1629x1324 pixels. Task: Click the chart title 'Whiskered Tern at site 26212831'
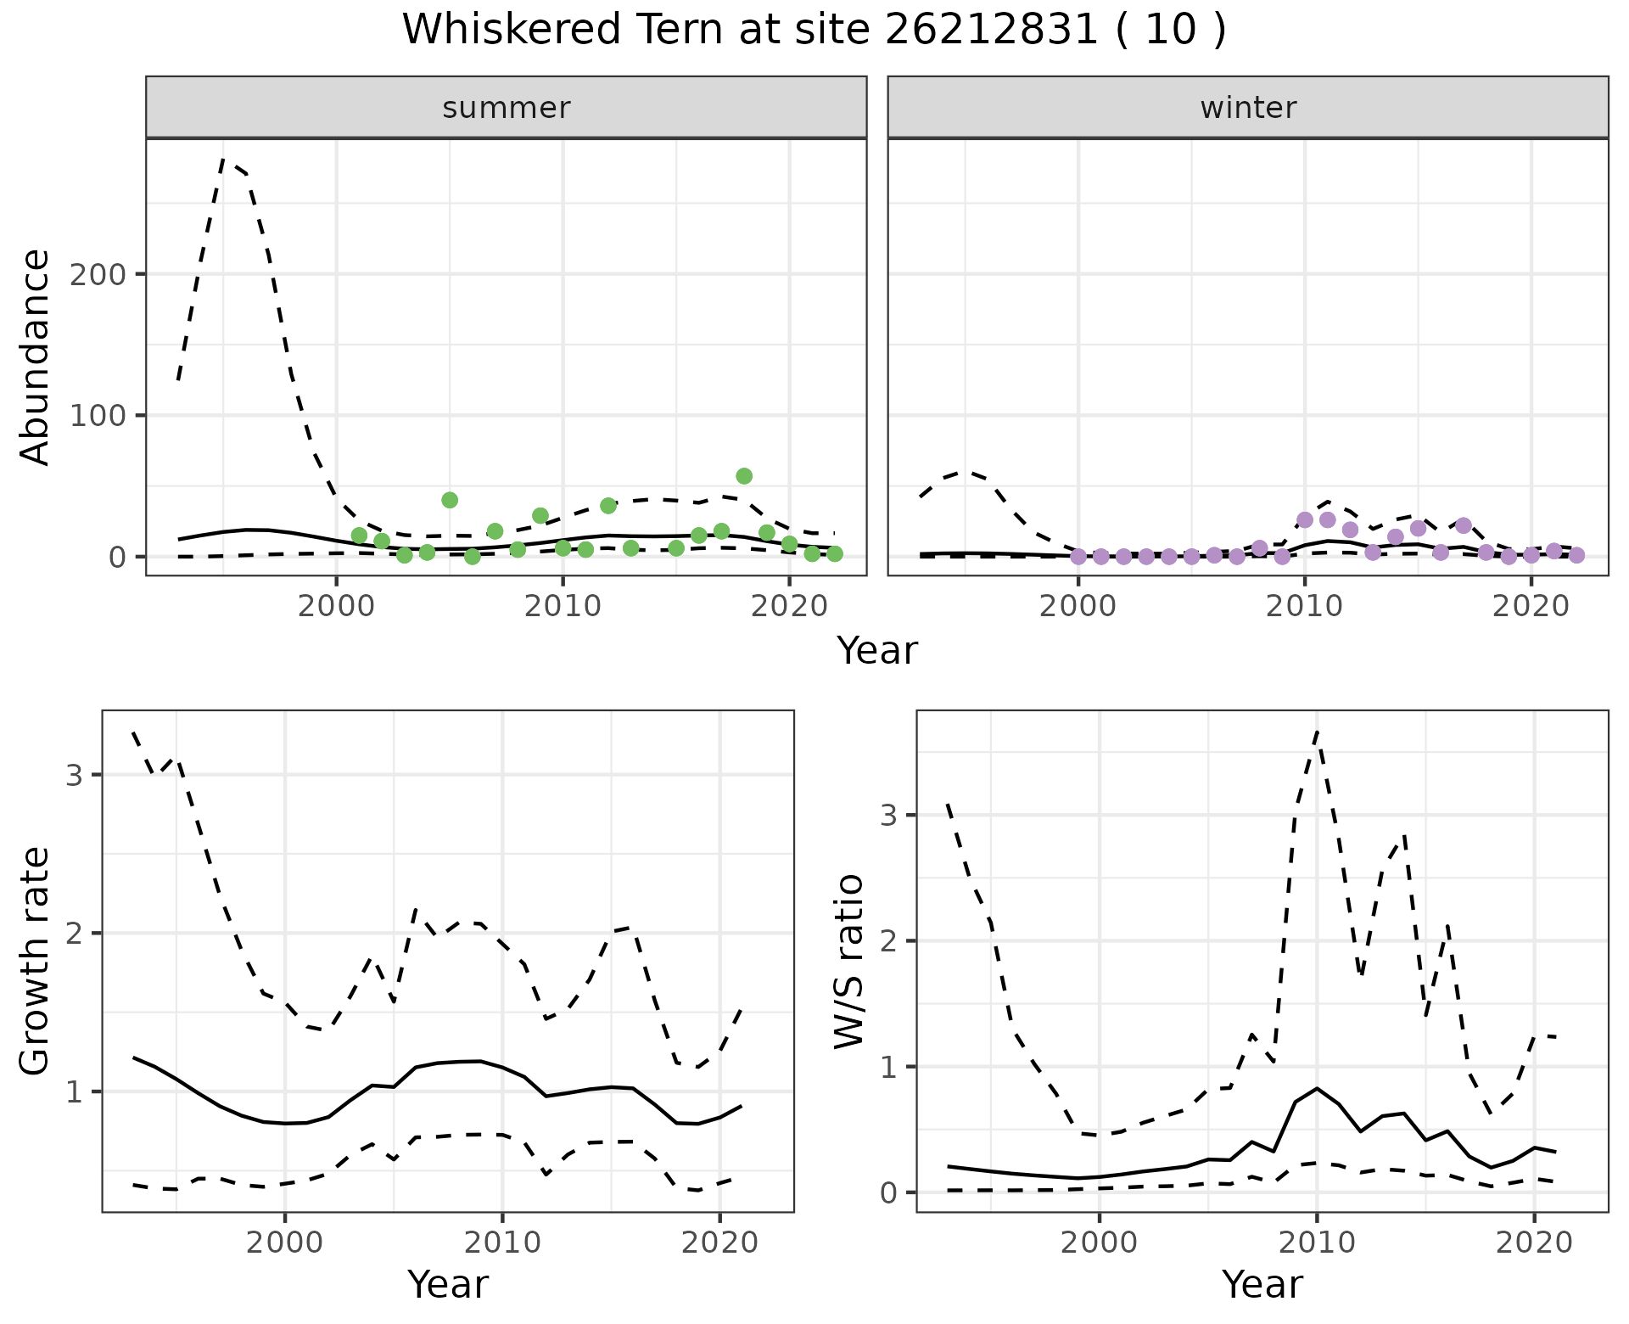pyautogui.click(x=813, y=31)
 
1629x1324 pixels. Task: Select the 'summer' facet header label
pyautogui.click(x=506, y=108)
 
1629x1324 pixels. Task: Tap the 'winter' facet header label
pyautogui.click(x=1247, y=108)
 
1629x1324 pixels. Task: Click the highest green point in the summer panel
pyautogui.click(x=744, y=476)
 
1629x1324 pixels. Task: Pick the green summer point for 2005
pyautogui.click(x=450, y=500)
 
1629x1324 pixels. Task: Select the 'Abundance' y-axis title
pyautogui.click(x=36, y=357)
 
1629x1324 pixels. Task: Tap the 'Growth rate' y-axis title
pyautogui.click(x=36, y=961)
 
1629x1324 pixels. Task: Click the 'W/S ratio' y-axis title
pyautogui.click(x=848, y=961)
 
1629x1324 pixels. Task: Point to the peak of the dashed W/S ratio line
pyautogui.click(x=1316, y=732)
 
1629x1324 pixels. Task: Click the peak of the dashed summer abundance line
pyautogui.click(x=223, y=160)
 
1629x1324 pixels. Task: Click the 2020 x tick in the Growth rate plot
pyautogui.click(x=719, y=1243)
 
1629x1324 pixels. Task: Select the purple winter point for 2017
pyautogui.click(x=1464, y=525)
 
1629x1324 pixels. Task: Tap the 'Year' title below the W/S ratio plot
pyautogui.click(x=1262, y=1284)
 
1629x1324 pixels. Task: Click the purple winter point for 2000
pyautogui.click(x=1078, y=557)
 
